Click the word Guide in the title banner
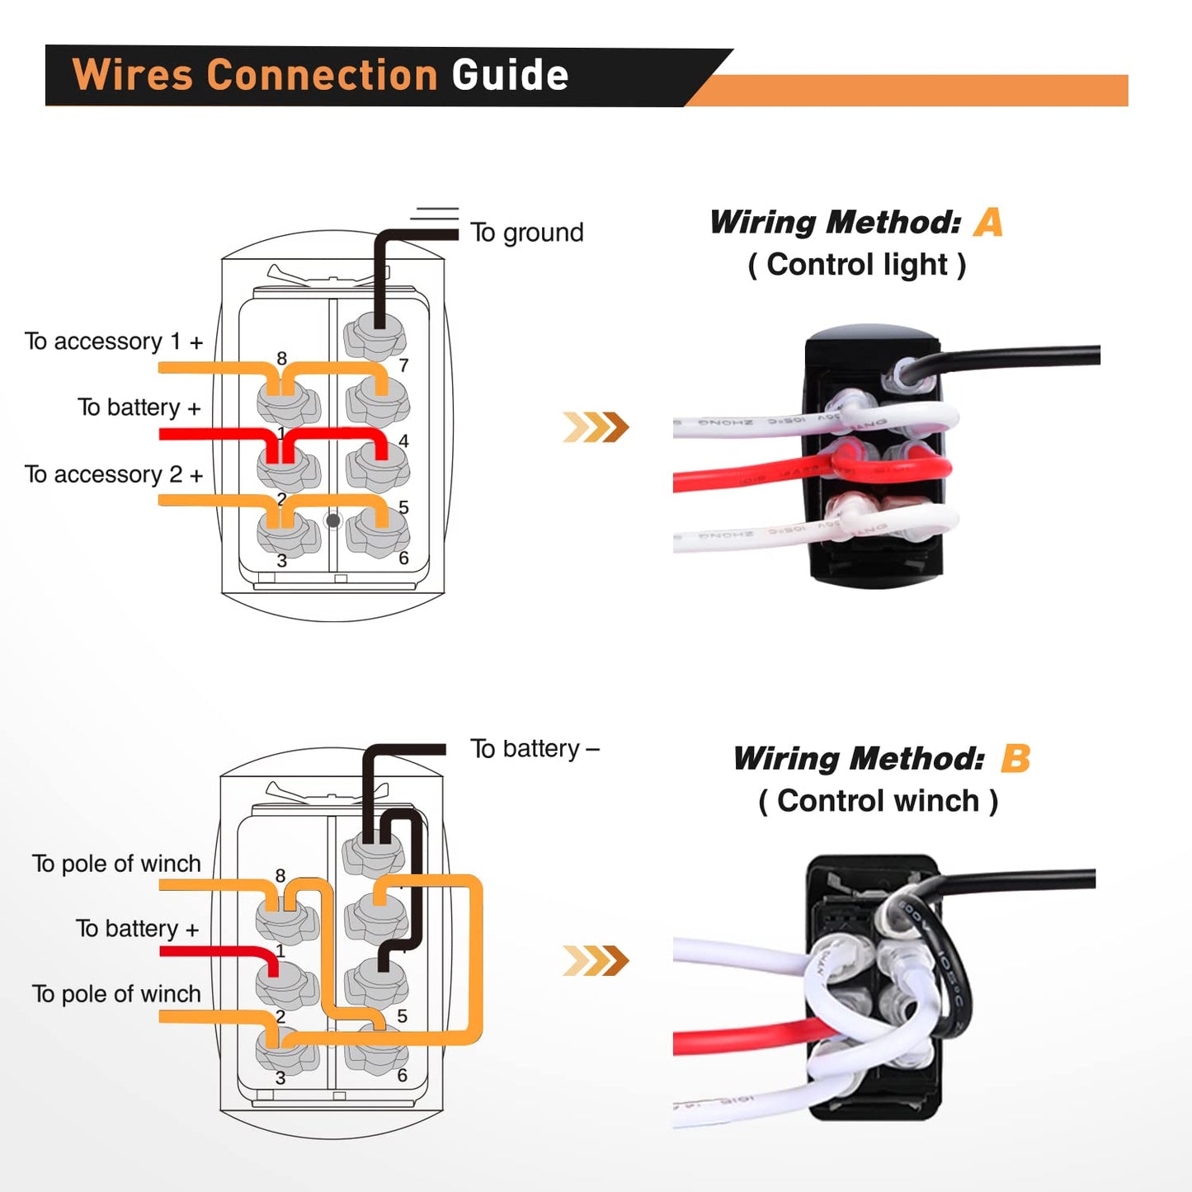pos(510,75)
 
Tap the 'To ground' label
pos(526,233)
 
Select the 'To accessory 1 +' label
pos(114,342)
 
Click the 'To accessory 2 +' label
pos(114,474)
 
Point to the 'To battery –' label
pos(535,749)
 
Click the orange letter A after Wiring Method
pos(988,223)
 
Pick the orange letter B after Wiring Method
pos(1015,758)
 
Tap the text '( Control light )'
pos(856,265)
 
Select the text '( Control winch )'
pos(878,801)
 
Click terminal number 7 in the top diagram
pos(403,365)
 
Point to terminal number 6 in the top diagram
pos(403,558)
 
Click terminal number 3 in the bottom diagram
pos(280,1078)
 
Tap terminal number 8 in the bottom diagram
pos(280,876)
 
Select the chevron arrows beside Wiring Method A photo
pos(596,427)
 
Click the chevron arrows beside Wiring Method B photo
pos(596,961)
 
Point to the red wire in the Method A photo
pos(742,478)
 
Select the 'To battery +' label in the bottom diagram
pos(138,929)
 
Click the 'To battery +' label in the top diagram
pos(139,408)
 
